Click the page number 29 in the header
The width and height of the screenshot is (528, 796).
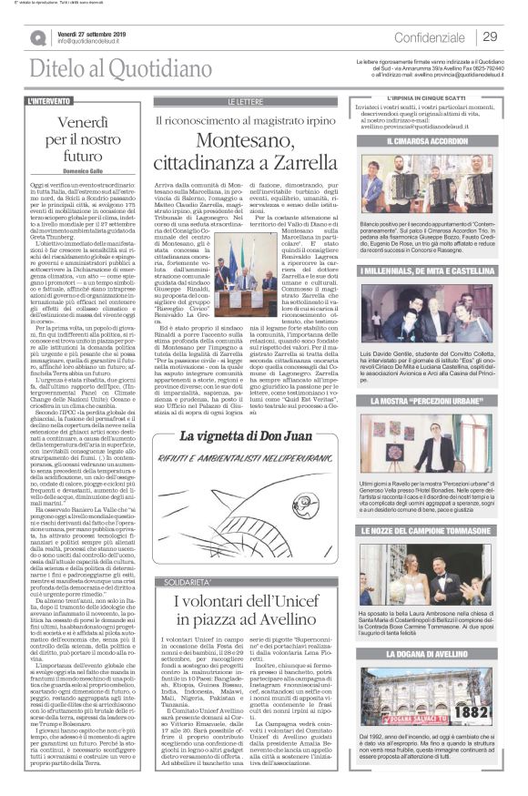[x=490, y=36]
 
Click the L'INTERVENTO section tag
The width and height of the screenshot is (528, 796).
[x=51, y=100]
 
